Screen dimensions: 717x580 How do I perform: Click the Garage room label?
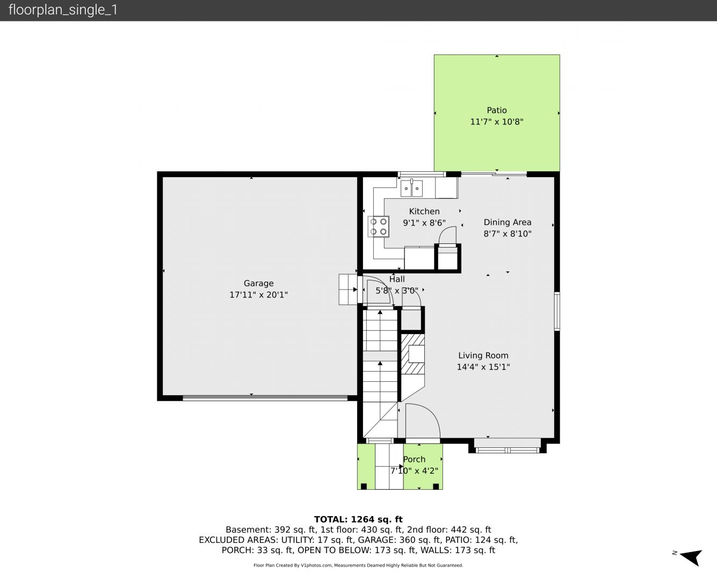tap(258, 284)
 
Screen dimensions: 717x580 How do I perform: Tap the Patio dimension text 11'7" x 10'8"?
tap(496, 121)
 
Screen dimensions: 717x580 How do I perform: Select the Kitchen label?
tap(424, 212)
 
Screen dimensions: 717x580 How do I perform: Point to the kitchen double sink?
tap(411, 188)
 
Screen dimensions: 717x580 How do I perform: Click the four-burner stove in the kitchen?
tap(378, 227)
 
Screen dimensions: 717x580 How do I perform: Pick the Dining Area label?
tap(508, 222)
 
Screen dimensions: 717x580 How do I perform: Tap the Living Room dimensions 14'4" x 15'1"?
tap(483, 367)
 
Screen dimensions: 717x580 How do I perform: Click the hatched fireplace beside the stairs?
tap(412, 354)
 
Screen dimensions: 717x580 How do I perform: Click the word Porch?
tap(414, 459)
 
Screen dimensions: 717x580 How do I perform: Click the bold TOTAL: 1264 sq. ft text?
tap(358, 519)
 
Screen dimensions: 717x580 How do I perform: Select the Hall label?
tap(397, 279)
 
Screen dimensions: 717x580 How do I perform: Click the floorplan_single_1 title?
tap(63, 10)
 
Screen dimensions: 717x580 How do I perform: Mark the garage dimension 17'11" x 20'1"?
tap(258, 295)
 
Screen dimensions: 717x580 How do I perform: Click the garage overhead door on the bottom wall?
tap(265, 398)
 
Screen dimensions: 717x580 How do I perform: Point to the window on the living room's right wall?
tap(557, 311)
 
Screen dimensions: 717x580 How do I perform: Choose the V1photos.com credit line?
tap(358, 565)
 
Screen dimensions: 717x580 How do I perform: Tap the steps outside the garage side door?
tap(347, 289)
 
